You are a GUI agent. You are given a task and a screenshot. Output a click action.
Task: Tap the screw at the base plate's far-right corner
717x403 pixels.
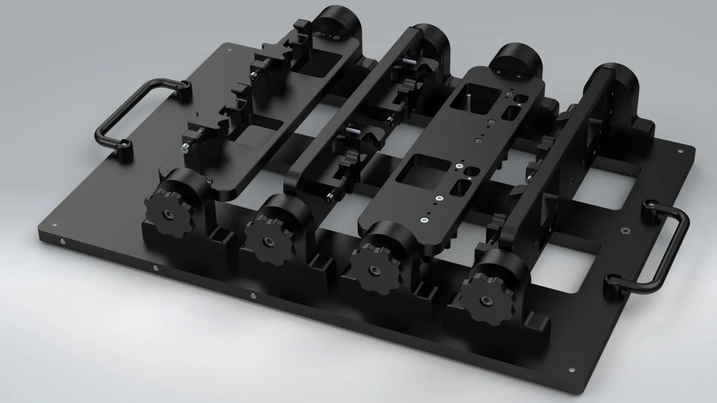pos(680,151)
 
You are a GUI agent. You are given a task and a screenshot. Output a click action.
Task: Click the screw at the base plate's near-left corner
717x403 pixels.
pos(55,225)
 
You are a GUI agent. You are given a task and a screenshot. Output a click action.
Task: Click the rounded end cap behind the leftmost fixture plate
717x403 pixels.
pos(336,22)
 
